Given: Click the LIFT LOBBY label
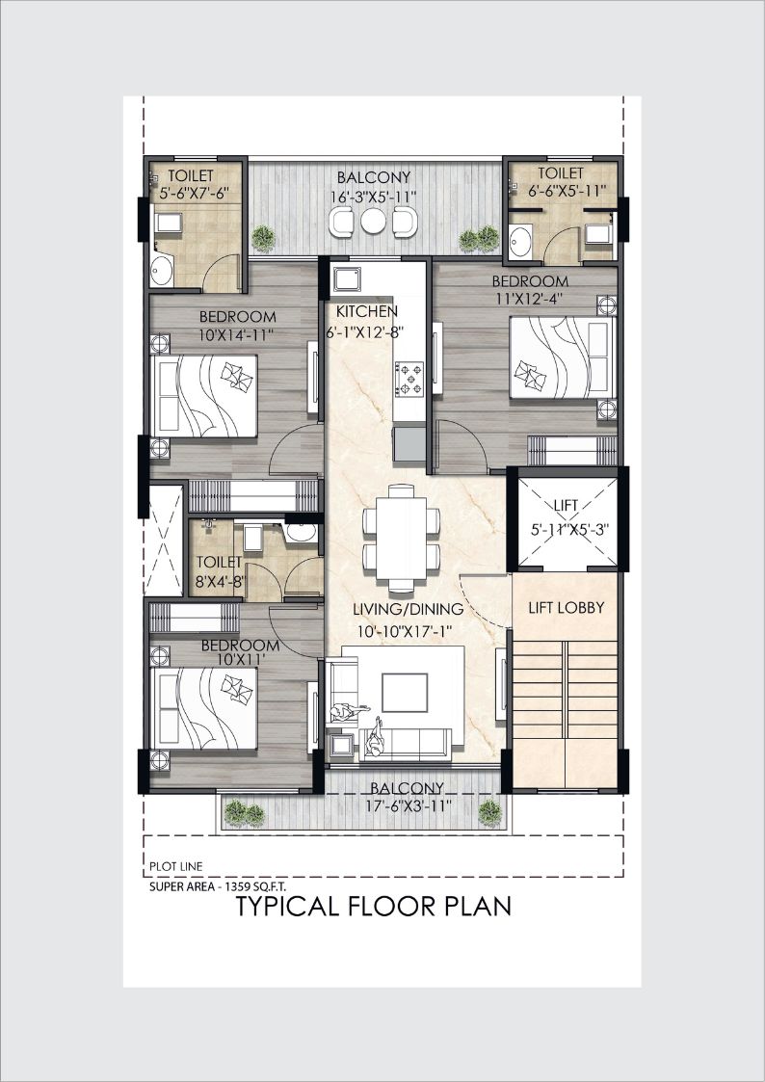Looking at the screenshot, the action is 567,608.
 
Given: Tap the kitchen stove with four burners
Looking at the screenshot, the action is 409,378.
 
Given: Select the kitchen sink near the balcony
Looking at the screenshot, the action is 347,278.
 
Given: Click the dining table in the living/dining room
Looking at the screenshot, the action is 402,540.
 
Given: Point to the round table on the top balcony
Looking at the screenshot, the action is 373,222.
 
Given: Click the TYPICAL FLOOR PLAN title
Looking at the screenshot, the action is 374,906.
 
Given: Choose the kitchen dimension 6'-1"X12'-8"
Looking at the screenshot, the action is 365,331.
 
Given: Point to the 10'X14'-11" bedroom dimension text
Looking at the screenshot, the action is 237,336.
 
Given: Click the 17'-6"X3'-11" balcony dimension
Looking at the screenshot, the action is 407,804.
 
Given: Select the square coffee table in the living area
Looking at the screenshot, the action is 405,692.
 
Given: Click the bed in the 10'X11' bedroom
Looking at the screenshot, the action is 203,708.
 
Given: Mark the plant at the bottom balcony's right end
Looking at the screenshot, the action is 489,813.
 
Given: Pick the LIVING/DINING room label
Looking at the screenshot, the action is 408,609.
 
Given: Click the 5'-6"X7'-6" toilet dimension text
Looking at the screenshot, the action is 194,194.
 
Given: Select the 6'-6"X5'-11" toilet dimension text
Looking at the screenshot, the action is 563,191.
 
